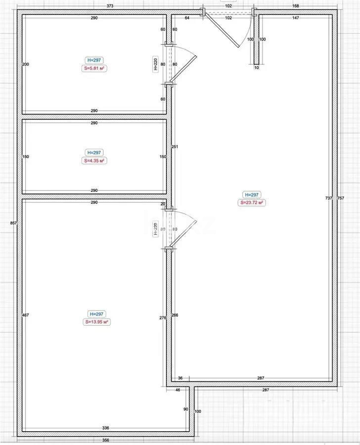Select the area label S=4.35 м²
coord(93,161)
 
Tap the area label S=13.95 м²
coord(96,322)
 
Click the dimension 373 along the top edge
coord(110,6)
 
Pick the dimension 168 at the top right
coord(296,6)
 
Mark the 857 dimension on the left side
coord(13,223)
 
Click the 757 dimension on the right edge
coord(340,198)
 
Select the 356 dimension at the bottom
coord(106,440)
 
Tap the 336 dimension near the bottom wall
coord(106,428)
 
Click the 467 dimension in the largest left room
coord(26,314)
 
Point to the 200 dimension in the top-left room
coord(26,64)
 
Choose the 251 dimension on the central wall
coord(174,146)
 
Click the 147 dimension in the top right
coord(296,18)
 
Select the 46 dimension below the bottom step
coord(178,390)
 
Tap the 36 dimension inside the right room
coord(180,378)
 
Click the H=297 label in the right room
coord(251,195)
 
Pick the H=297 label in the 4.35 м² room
coord(93,153)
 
